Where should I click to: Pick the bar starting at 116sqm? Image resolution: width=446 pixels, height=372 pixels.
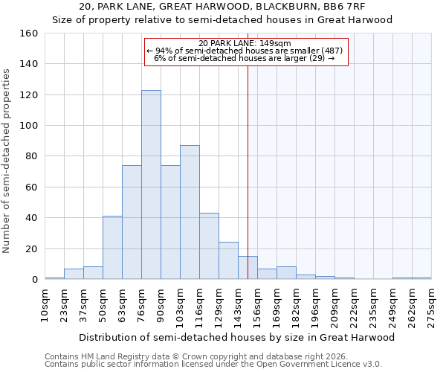click(x=209, y=246)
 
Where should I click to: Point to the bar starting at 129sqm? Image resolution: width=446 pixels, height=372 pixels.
click(x=228, y=260)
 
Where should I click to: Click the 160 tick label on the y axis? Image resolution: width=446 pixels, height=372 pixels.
click(x=28, y=33)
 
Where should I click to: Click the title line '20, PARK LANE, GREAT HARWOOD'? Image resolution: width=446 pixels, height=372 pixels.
click(x=222, y=7)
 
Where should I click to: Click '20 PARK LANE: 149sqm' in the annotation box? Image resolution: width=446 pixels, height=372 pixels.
click(x=246, y=43)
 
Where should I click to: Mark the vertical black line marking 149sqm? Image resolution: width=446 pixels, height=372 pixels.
click(x=248, y=171)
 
